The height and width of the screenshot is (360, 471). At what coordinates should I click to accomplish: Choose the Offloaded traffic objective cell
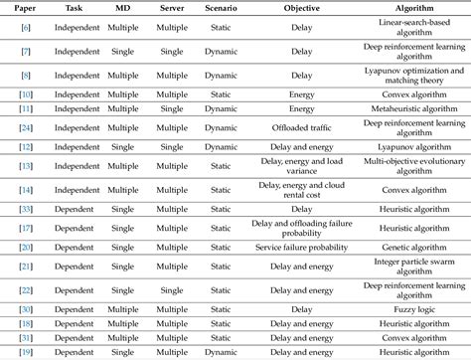click(302, 127)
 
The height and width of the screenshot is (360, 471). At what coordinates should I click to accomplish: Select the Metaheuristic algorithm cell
click(414, 107)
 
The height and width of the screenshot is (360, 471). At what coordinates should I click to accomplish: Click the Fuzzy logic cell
click(414, 309)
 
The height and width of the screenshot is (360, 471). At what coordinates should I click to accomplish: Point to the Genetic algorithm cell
click(414, 246)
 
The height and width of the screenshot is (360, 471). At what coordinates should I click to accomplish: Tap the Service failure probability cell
click(302, 246)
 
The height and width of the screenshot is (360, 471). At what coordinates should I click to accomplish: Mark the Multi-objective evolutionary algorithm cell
click(414, 165)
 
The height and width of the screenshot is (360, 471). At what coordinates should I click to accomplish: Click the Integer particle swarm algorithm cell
click(414, 266)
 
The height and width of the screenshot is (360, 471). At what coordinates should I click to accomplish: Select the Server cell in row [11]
click(172, 107)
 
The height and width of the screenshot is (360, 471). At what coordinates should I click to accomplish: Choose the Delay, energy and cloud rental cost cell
click(302, 189)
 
